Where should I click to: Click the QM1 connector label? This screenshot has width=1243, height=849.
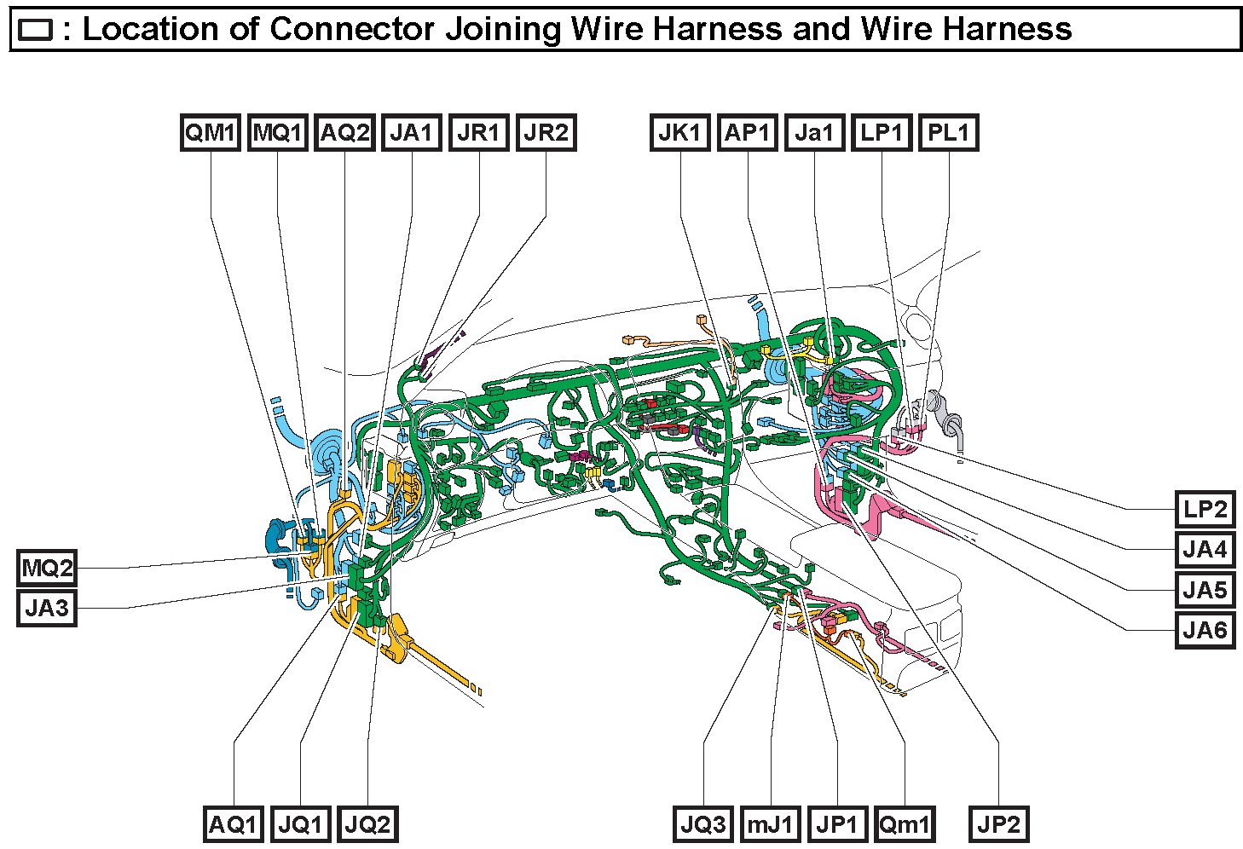point(210,133)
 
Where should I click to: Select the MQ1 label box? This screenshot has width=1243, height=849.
point(277,133)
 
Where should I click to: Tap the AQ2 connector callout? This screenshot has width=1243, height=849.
point(344,133)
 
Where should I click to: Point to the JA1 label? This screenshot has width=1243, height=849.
point(412,133)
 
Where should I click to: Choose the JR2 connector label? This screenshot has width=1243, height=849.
point(546,133)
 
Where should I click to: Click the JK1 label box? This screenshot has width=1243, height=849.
point(680,133)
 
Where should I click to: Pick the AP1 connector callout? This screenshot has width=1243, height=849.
point(747,133)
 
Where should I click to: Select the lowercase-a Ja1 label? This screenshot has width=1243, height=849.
point(814,133)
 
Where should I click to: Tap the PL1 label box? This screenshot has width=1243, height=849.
point(948,133)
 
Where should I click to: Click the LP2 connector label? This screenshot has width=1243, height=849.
point(1205,510)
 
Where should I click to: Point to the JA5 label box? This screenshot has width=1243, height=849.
point(1205,590)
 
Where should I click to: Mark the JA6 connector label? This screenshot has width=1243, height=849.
point(1205,631)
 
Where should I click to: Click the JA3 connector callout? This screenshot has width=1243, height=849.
point(47,609)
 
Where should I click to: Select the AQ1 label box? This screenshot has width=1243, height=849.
point(233,824)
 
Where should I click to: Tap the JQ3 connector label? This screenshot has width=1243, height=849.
point(703,824)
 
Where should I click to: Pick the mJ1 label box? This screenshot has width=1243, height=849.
point(771,824)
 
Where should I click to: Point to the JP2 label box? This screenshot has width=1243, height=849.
point(997,824)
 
